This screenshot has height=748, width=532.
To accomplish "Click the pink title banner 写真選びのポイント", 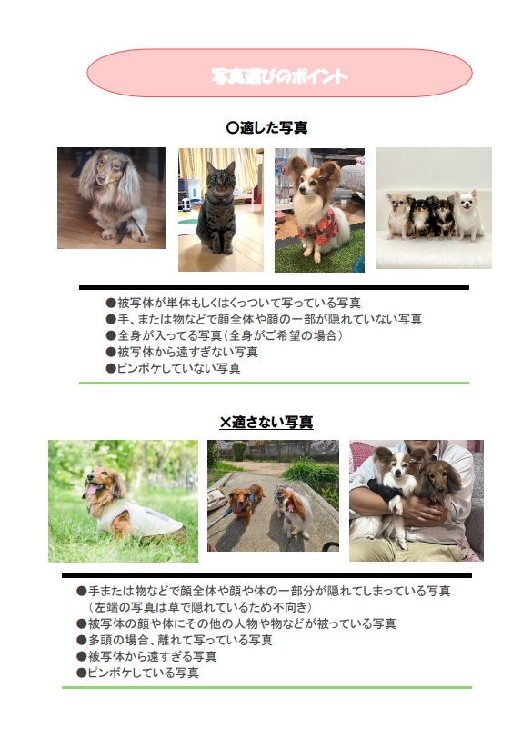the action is [279, 73].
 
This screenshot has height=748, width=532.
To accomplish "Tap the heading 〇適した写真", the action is [266, 128].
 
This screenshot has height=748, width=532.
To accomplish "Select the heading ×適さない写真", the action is [266, 423].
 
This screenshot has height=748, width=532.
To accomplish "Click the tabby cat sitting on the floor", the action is [217, 210].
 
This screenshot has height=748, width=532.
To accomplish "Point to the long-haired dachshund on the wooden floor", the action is [111, 194].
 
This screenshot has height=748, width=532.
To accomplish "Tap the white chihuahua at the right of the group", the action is [468, 214].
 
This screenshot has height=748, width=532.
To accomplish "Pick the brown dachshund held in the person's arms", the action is [437, 482].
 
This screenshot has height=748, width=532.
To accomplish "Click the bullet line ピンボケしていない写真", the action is [173, 368].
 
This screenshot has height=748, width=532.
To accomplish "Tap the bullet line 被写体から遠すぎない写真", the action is [182, 352].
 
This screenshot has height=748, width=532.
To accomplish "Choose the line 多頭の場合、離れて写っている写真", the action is [175, 640].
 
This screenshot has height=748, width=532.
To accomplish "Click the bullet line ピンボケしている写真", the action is [137, 673].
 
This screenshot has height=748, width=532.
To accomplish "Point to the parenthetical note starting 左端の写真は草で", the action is [200, 607].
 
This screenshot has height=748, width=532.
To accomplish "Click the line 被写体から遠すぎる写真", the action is [146, 656].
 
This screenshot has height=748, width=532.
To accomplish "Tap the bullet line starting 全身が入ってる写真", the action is [225, 335].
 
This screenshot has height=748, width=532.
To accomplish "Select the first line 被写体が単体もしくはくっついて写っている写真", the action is [234, 303].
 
